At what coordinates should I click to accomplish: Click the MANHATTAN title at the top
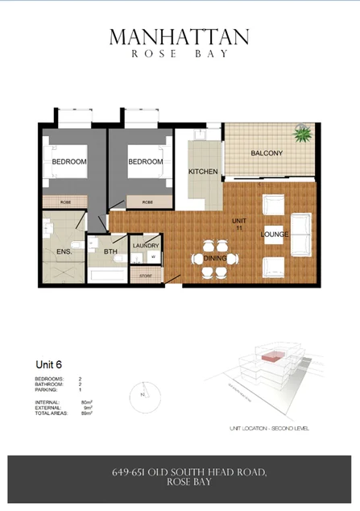[x=179, y=37]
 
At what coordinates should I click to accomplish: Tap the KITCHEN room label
[x=205, y=172]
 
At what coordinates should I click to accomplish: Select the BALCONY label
[x=266, y=153]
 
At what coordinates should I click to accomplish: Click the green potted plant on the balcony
[x=304, y=134]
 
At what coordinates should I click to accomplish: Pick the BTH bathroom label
[x=111, y=252]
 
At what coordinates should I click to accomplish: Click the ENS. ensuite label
[x=65, y=252]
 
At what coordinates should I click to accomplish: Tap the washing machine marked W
[x=152, y=258]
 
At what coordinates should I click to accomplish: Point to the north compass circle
[x=143, y=394]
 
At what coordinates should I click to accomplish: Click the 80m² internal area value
[x=86, y=401]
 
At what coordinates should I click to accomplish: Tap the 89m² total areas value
[x=86, y=413]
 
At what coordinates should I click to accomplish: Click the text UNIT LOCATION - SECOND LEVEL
[x=269, y=428]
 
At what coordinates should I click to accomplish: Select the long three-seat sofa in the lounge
[x=301, y=234]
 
